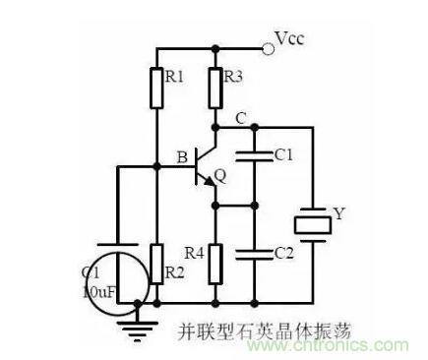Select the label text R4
point(194,250)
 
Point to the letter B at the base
point(182,154)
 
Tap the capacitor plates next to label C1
point(255,156)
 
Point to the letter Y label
point(340,211)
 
